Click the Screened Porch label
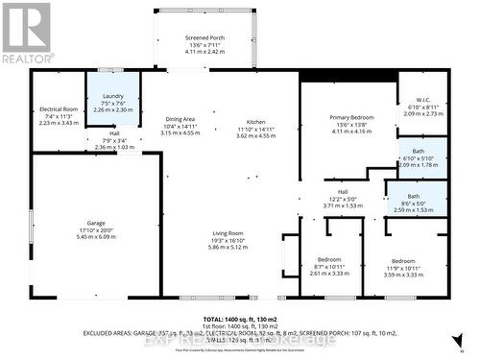point(204,36)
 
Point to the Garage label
point(91,223)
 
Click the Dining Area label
point(180,117)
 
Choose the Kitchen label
point(255,123)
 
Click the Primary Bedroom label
point(348,117)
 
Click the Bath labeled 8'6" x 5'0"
point(414,196)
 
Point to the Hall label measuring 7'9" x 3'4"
point(114,133)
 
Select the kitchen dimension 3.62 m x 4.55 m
point(255,136)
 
